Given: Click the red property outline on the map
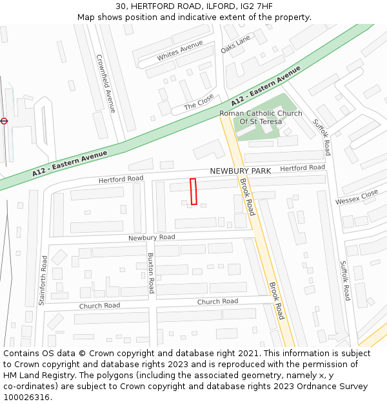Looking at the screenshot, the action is click(x=193, y=191).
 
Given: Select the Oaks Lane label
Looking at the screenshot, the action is click(x=235, y=44).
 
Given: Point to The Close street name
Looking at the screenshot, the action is click(x=199, y=101).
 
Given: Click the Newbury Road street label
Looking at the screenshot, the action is click(x=152, y=238).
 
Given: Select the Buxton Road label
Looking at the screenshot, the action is click(x=152, y=273).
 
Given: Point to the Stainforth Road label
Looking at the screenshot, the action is click(x=43, y=280).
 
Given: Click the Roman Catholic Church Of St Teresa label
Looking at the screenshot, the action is click(x=261, y=117).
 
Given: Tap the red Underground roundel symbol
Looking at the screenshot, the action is click(x=4, y=121).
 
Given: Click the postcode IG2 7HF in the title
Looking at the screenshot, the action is click(x=256, y=6).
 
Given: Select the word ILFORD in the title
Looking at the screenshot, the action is click(x=217, y=6).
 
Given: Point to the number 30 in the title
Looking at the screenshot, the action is click(x=121, y=6).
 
